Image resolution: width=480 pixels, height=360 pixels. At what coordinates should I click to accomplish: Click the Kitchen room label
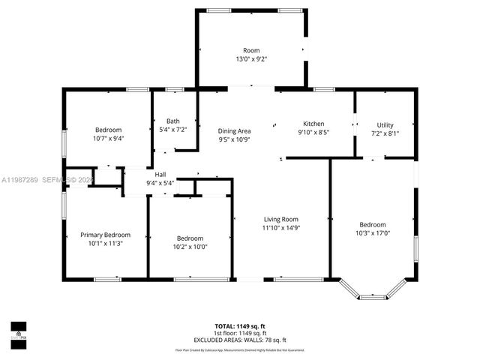pos(313,124)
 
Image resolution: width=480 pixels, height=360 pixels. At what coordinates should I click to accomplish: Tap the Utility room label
pos(385,125)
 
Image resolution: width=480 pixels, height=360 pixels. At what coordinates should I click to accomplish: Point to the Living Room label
pos(280,219)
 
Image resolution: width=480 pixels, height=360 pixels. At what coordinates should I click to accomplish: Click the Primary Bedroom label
pos(105,235)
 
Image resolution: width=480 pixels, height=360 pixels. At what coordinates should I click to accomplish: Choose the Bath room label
pos(173,121)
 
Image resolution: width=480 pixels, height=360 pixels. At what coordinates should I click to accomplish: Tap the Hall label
pos(160,174)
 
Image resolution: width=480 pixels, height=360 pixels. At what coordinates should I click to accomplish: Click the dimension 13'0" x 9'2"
pos(250,58)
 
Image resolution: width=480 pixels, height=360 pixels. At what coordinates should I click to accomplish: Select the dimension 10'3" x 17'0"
pos(372,233)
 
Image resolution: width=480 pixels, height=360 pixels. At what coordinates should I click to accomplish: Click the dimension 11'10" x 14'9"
pos(280,227)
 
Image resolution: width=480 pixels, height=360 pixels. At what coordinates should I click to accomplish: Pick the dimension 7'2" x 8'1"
pos(385,133)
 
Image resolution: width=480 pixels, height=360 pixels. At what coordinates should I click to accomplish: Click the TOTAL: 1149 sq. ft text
pos(240,327)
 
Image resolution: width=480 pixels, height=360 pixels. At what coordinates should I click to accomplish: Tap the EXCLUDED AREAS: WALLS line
pos(240,339)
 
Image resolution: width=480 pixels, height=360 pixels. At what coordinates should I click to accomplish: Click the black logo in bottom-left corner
pos(18,331)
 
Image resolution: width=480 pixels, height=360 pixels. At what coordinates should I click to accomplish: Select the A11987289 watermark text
pos(20,179)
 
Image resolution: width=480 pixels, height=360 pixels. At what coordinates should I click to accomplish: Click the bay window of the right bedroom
pos(373,292)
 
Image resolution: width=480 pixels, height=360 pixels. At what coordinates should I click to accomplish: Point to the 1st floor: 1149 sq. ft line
pos(240,333)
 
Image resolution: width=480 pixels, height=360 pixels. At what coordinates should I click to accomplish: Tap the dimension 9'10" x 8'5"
pos(313,132)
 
